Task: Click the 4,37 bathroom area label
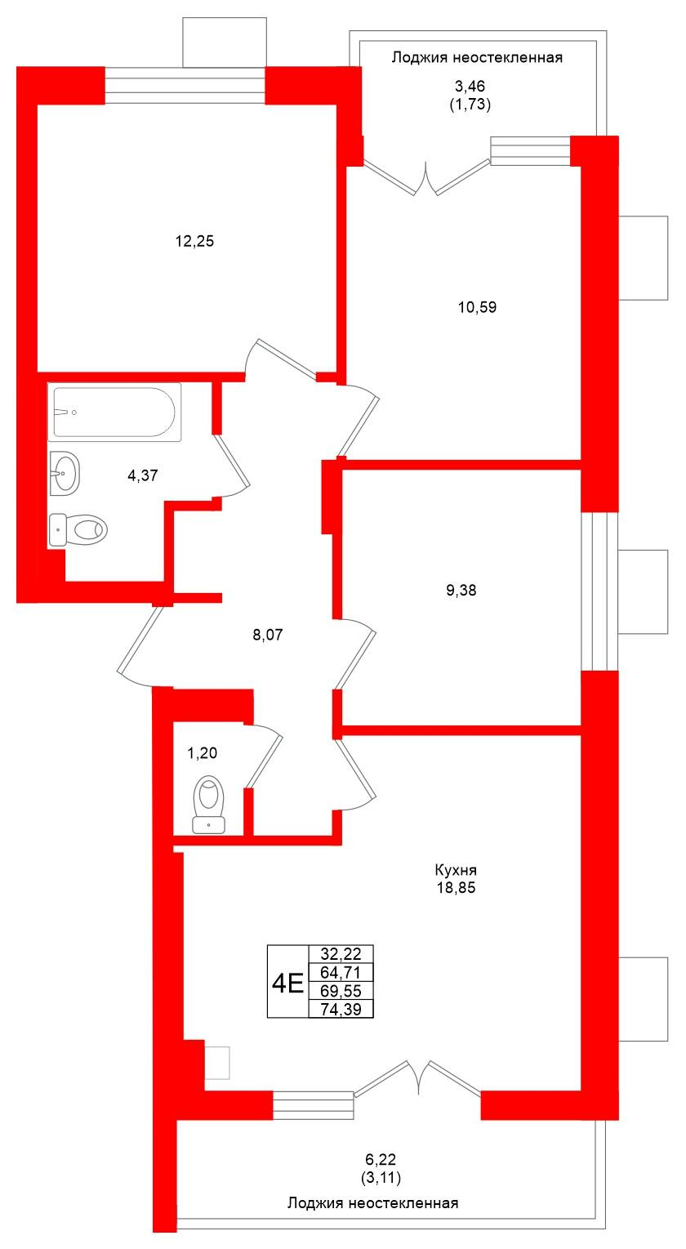143,477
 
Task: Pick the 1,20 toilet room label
203,752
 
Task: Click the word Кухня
456,870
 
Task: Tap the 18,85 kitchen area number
456,888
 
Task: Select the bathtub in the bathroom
114,413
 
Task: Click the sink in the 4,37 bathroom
65,473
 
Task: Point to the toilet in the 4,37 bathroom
78,529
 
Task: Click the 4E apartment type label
287,981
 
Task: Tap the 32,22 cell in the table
341,954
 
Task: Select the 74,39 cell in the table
341,1009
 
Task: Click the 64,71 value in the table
341,972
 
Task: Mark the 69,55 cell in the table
341,991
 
